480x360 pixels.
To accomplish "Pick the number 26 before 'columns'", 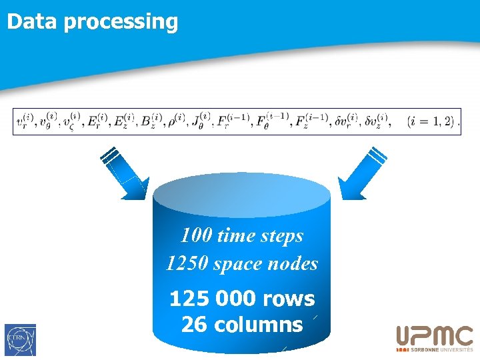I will [194, 325].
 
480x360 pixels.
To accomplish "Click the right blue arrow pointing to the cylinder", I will [361, 173].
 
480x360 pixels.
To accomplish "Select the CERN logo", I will [20, 339].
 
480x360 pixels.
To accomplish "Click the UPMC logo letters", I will [435, 336].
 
